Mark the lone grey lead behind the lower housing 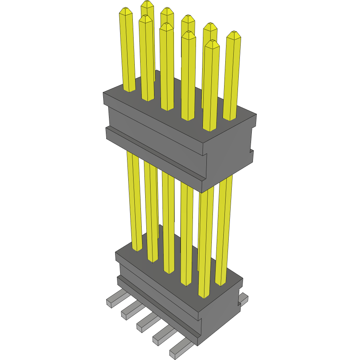click(x=244, y=297)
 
